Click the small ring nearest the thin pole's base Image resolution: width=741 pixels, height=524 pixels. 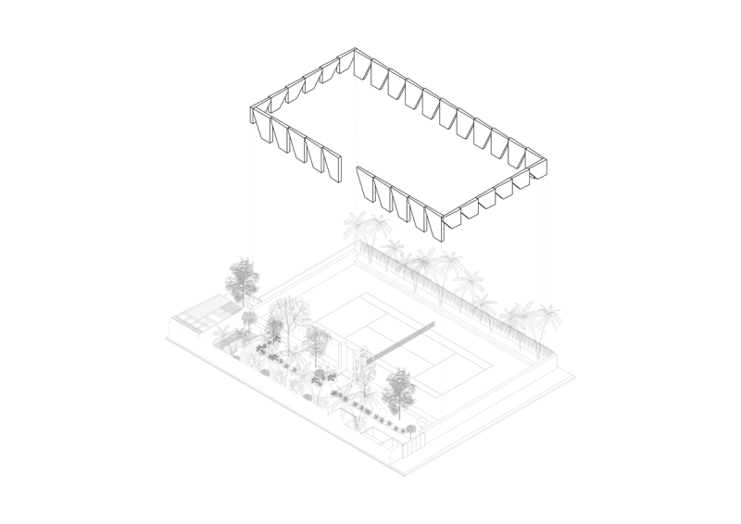[422, 423]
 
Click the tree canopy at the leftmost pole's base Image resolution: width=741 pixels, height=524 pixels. [243, 276]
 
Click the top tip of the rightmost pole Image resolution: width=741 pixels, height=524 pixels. [546, 177]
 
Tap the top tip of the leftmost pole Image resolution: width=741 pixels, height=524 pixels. [251, 124]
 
